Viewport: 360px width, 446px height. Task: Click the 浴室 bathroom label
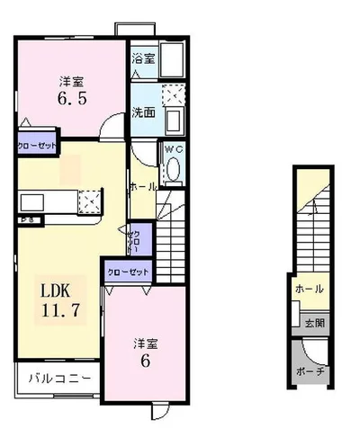pyautogui.click(x=143, y=59)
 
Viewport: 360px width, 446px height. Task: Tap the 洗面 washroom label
pyautogui.click(x=144, y=113)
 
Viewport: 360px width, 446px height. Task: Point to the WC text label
pyautogui.click(x=173, y=149)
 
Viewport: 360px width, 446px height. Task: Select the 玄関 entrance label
pyautogui.click(x=309, y=324)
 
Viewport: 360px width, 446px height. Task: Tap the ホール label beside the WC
pyautogui.click(x=143, y=186)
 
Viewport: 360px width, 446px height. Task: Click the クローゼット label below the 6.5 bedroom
pyautogui.click(x=37, y=145)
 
